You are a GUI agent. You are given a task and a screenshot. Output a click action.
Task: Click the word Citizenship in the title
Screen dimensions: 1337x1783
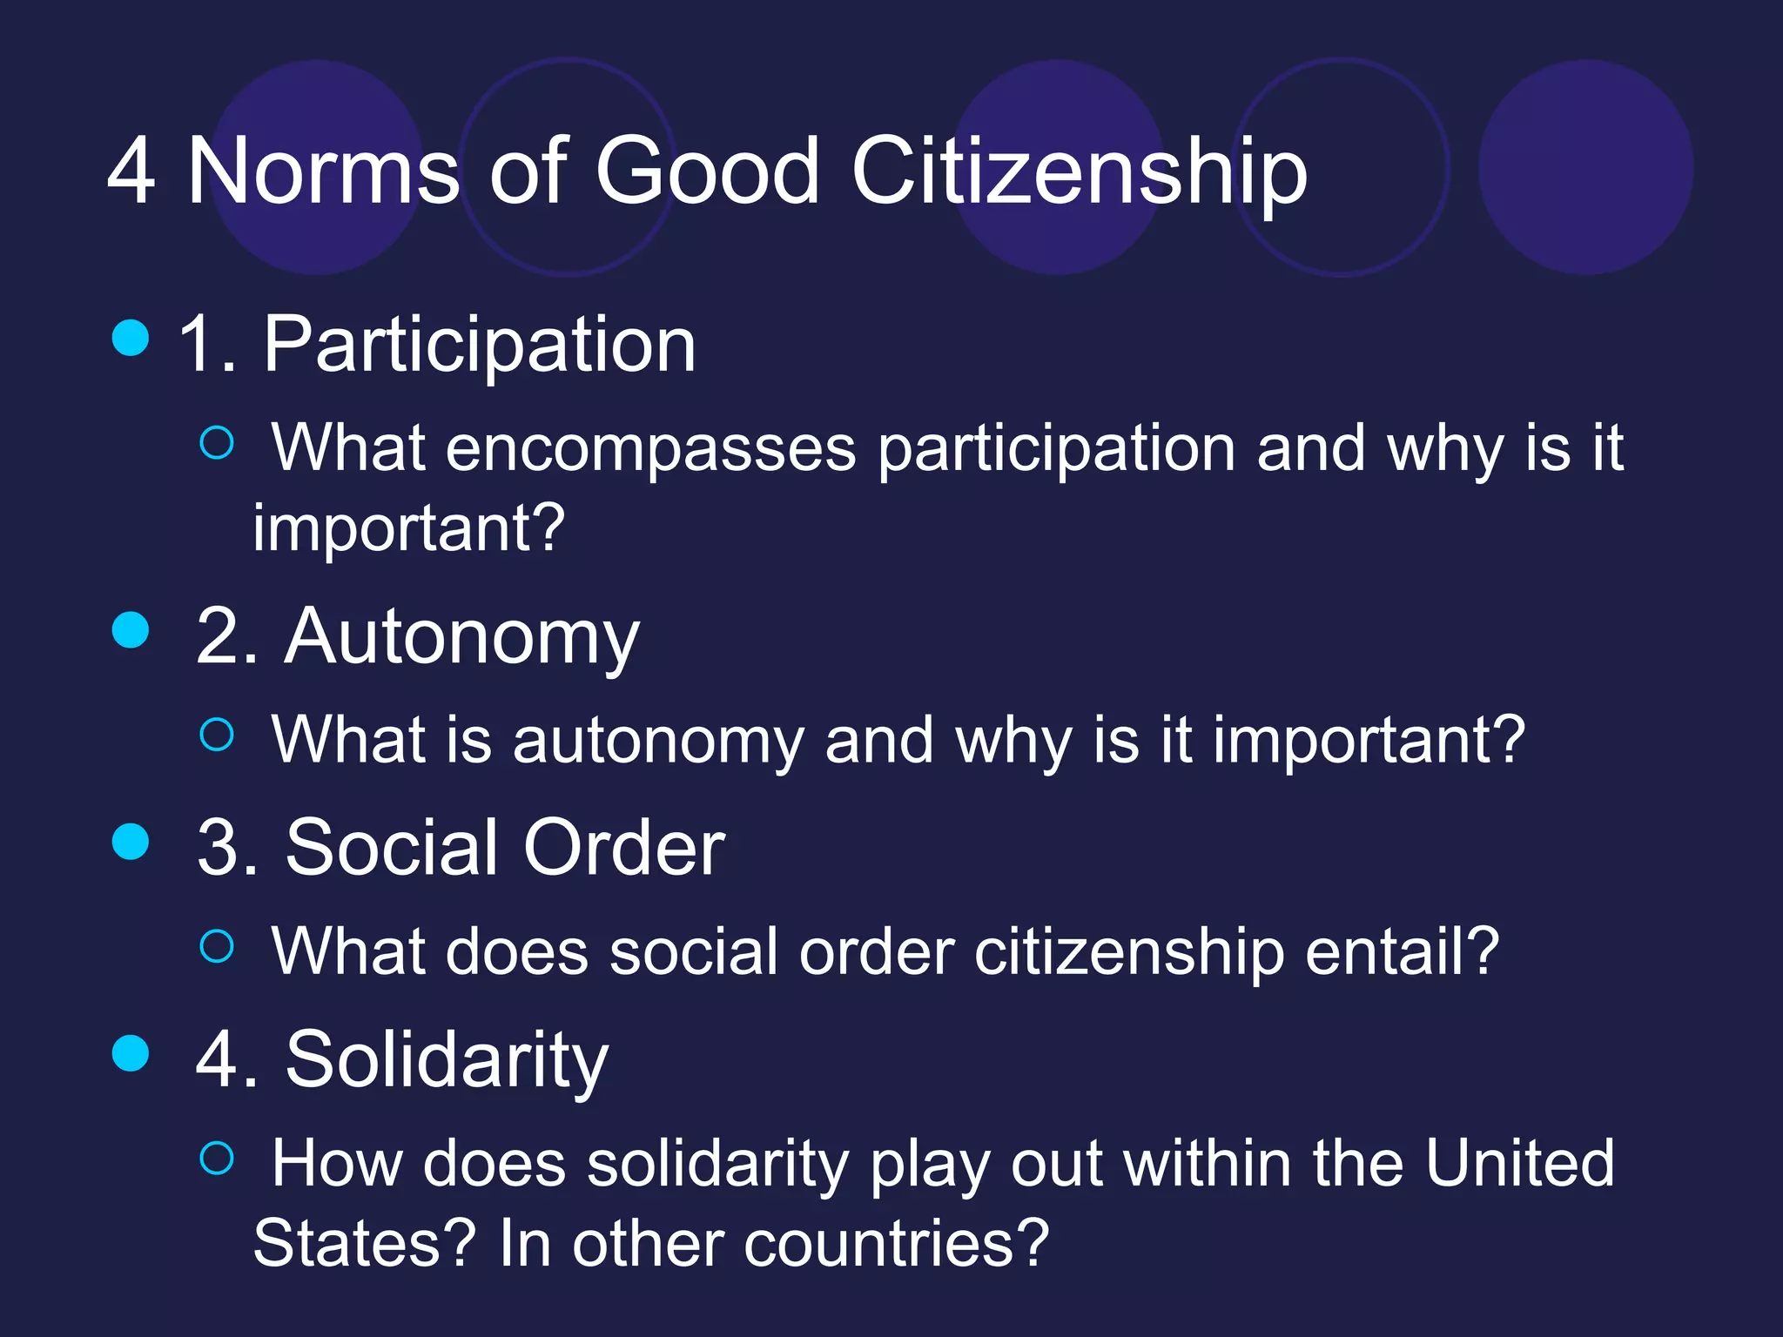1079,171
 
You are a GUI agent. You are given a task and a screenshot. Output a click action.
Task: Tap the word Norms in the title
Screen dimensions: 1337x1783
323,171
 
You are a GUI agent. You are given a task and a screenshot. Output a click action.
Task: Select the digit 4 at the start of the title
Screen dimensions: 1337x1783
131,171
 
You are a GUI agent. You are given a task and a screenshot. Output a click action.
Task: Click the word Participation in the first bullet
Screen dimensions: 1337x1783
479,346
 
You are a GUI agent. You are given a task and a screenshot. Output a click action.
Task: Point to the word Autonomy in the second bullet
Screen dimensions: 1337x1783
461,638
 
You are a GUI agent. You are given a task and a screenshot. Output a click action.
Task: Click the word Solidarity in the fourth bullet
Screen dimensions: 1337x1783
447,1059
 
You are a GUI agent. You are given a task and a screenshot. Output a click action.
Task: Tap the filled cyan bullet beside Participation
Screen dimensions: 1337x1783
131,338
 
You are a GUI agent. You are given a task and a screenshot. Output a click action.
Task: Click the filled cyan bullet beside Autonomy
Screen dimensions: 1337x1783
131,629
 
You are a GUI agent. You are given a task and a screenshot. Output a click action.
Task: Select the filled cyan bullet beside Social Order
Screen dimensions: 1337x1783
131,841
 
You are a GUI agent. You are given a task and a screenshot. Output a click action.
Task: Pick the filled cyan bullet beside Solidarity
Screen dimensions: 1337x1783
131,1052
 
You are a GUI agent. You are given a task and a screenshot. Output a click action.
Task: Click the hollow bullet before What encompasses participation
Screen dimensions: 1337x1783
217,442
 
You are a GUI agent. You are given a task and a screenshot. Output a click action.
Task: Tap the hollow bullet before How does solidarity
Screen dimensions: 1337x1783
217,1158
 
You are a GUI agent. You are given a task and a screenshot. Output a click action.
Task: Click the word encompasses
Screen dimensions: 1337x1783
650,450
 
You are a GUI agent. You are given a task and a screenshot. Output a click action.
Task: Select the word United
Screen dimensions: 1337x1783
1518,1163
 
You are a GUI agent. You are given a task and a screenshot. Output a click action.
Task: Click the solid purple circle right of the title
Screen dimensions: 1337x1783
1585,167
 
